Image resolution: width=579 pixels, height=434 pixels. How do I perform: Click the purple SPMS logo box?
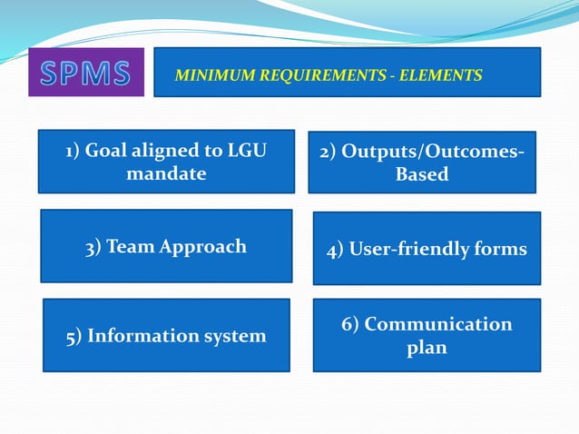tap(85, 72)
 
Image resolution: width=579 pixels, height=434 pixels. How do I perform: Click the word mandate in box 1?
tap(166, 173)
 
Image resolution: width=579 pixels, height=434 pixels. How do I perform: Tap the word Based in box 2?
tap(422, 174)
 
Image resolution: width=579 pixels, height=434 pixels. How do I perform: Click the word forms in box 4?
tap(501, 249)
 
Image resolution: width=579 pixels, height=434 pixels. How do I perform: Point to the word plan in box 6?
tap(427, 347)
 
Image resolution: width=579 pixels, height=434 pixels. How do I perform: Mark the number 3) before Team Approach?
tap(93, 246)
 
